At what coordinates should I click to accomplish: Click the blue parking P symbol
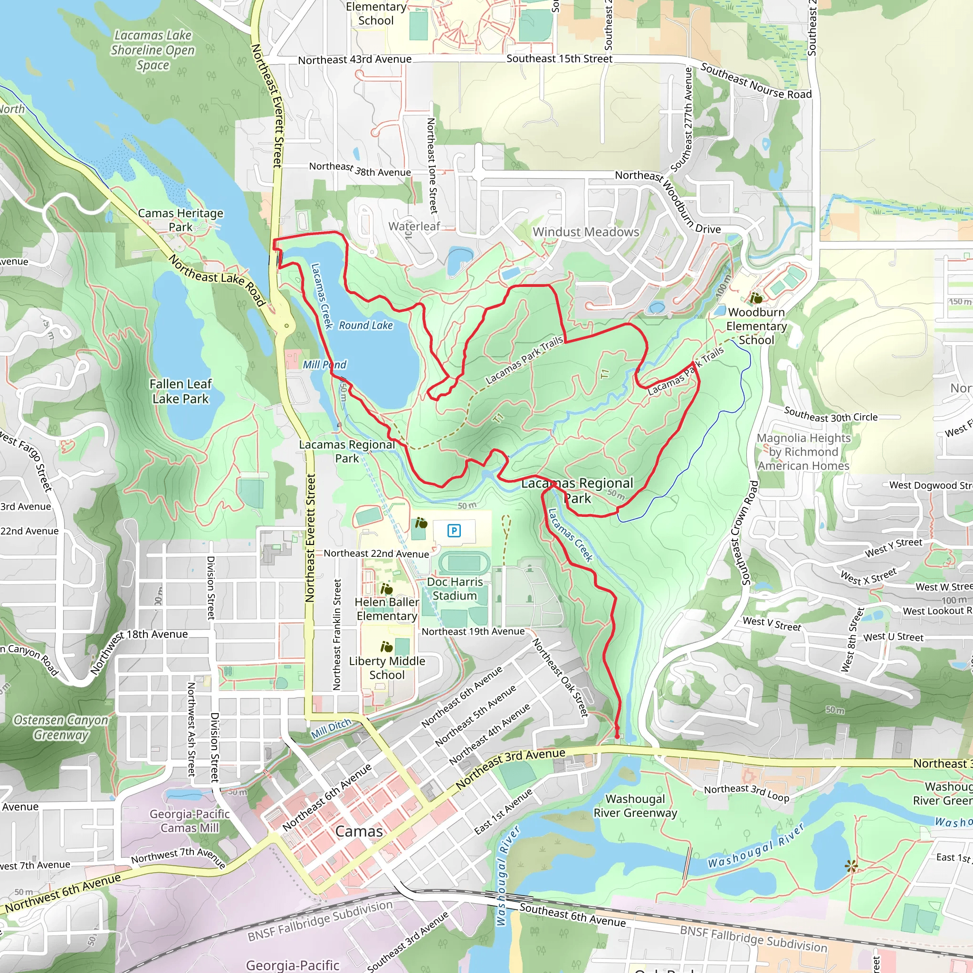pos(454,530)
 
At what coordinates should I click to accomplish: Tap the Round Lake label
pos(366,325)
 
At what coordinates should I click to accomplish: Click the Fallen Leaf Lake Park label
pos(180,391)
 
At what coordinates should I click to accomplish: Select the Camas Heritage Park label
pos(180,220)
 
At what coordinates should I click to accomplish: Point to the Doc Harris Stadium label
pos(455,589)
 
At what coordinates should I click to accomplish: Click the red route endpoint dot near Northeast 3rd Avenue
pos(617,736)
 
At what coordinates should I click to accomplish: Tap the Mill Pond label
pos(324,364)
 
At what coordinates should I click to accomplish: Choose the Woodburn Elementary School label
pos(756,326)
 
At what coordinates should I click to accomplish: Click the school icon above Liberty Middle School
pos(386,647)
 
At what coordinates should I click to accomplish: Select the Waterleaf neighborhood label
pos(414,227)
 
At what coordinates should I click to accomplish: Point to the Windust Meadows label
pos(586,232)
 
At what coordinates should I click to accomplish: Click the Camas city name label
pos(359,831)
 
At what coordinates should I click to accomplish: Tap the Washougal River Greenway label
pos(635,806)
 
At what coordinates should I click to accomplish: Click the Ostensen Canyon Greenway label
pos(61,727)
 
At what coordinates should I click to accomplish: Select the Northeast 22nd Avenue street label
pos(376,553)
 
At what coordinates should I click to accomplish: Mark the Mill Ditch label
pos(331,729)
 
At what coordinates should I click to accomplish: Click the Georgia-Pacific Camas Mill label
pos(190,821)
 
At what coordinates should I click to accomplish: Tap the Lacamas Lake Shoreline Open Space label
pos(153,50)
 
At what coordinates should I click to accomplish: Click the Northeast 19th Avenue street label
pos(473,631)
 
